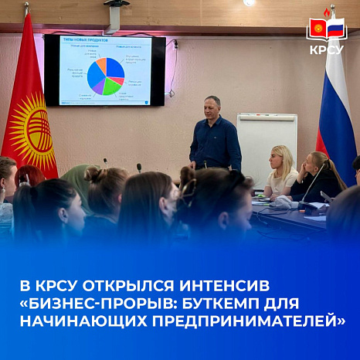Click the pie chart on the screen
105,75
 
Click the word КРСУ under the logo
327,49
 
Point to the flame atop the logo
327,12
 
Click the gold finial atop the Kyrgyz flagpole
26,8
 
